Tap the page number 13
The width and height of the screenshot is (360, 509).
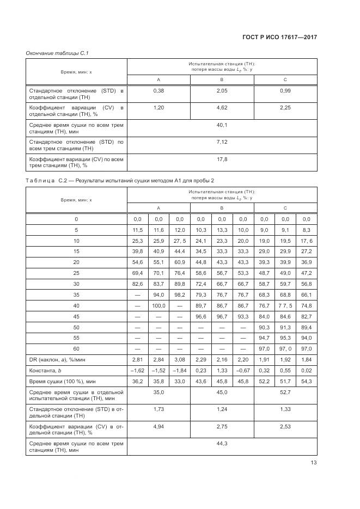313,463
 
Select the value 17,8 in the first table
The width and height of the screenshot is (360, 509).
222,160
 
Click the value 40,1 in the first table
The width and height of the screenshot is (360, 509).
222,125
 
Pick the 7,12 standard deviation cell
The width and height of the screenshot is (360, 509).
222,142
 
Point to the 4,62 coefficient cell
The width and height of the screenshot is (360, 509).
222,108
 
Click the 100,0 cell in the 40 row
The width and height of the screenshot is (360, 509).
158,305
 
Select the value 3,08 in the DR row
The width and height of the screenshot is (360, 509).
179,359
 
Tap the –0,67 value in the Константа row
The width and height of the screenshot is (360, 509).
243,370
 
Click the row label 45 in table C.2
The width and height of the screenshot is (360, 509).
76,316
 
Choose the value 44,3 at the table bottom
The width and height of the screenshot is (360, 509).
222,444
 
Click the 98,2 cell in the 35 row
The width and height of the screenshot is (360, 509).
179,295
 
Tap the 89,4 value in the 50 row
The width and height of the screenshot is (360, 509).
307,327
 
